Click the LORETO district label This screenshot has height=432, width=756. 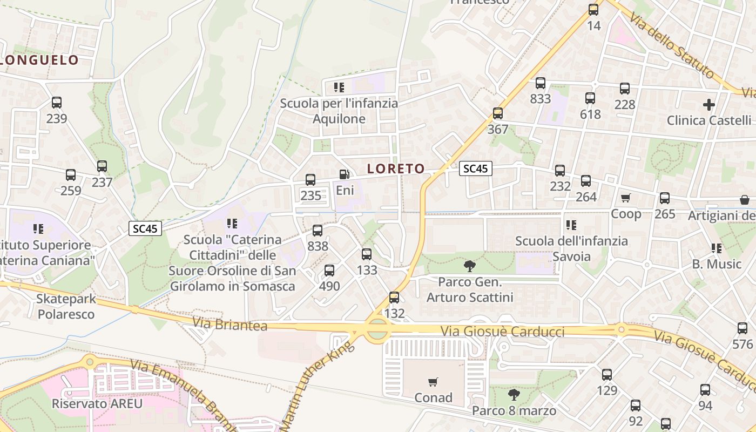(396, 169)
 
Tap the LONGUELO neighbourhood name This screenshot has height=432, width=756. (40, 60)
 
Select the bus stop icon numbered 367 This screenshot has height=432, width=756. (498, 113)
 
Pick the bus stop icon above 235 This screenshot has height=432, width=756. (310, 180)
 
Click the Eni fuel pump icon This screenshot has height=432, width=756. (344, 174)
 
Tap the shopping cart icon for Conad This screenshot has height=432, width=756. (433, 382)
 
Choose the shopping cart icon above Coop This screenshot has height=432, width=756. (626, 198)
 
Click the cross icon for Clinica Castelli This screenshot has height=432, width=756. (709, 104)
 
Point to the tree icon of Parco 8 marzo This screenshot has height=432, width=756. (514, 395)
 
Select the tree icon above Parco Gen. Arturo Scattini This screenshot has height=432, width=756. (470, 266)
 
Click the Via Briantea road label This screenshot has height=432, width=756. (230, 325)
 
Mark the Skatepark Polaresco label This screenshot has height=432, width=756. (66, 306)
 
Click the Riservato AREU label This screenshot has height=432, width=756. (97, 403)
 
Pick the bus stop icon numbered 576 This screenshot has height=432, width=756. (742, 328)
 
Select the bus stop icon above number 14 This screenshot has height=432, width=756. (593, 10)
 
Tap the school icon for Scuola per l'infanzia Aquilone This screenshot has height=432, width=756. (339, 87)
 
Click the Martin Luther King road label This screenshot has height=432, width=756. (319, 384)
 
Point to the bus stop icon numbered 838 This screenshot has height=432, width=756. (318, 231)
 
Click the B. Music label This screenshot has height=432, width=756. (717, 264)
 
